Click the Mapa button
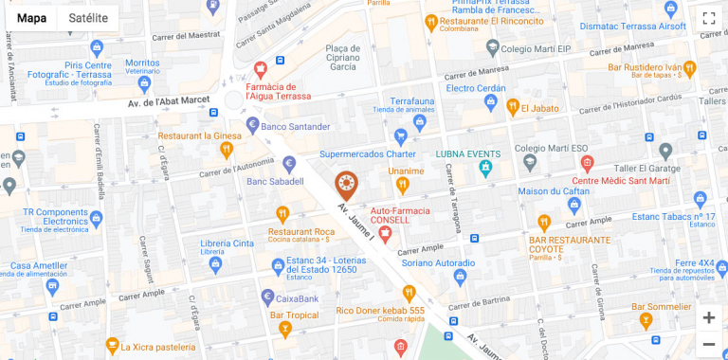[x=31, y=18]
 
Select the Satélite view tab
[x=88, y=18]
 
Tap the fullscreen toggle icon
[x=708, y=19]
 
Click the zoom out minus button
[x=708, y=344]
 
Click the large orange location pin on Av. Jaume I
[x=347, y=185]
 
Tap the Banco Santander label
[x=295, y=126]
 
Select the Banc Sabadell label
[x=275, y=181]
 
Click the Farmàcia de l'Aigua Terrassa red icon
[x=261, y=69]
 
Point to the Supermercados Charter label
[x=368, y=153]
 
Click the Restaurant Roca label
[x=301, y=231]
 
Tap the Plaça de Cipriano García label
[x=340, y=57]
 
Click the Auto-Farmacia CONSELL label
[x=400, y=214]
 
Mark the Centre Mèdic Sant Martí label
[x=621, y=180]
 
